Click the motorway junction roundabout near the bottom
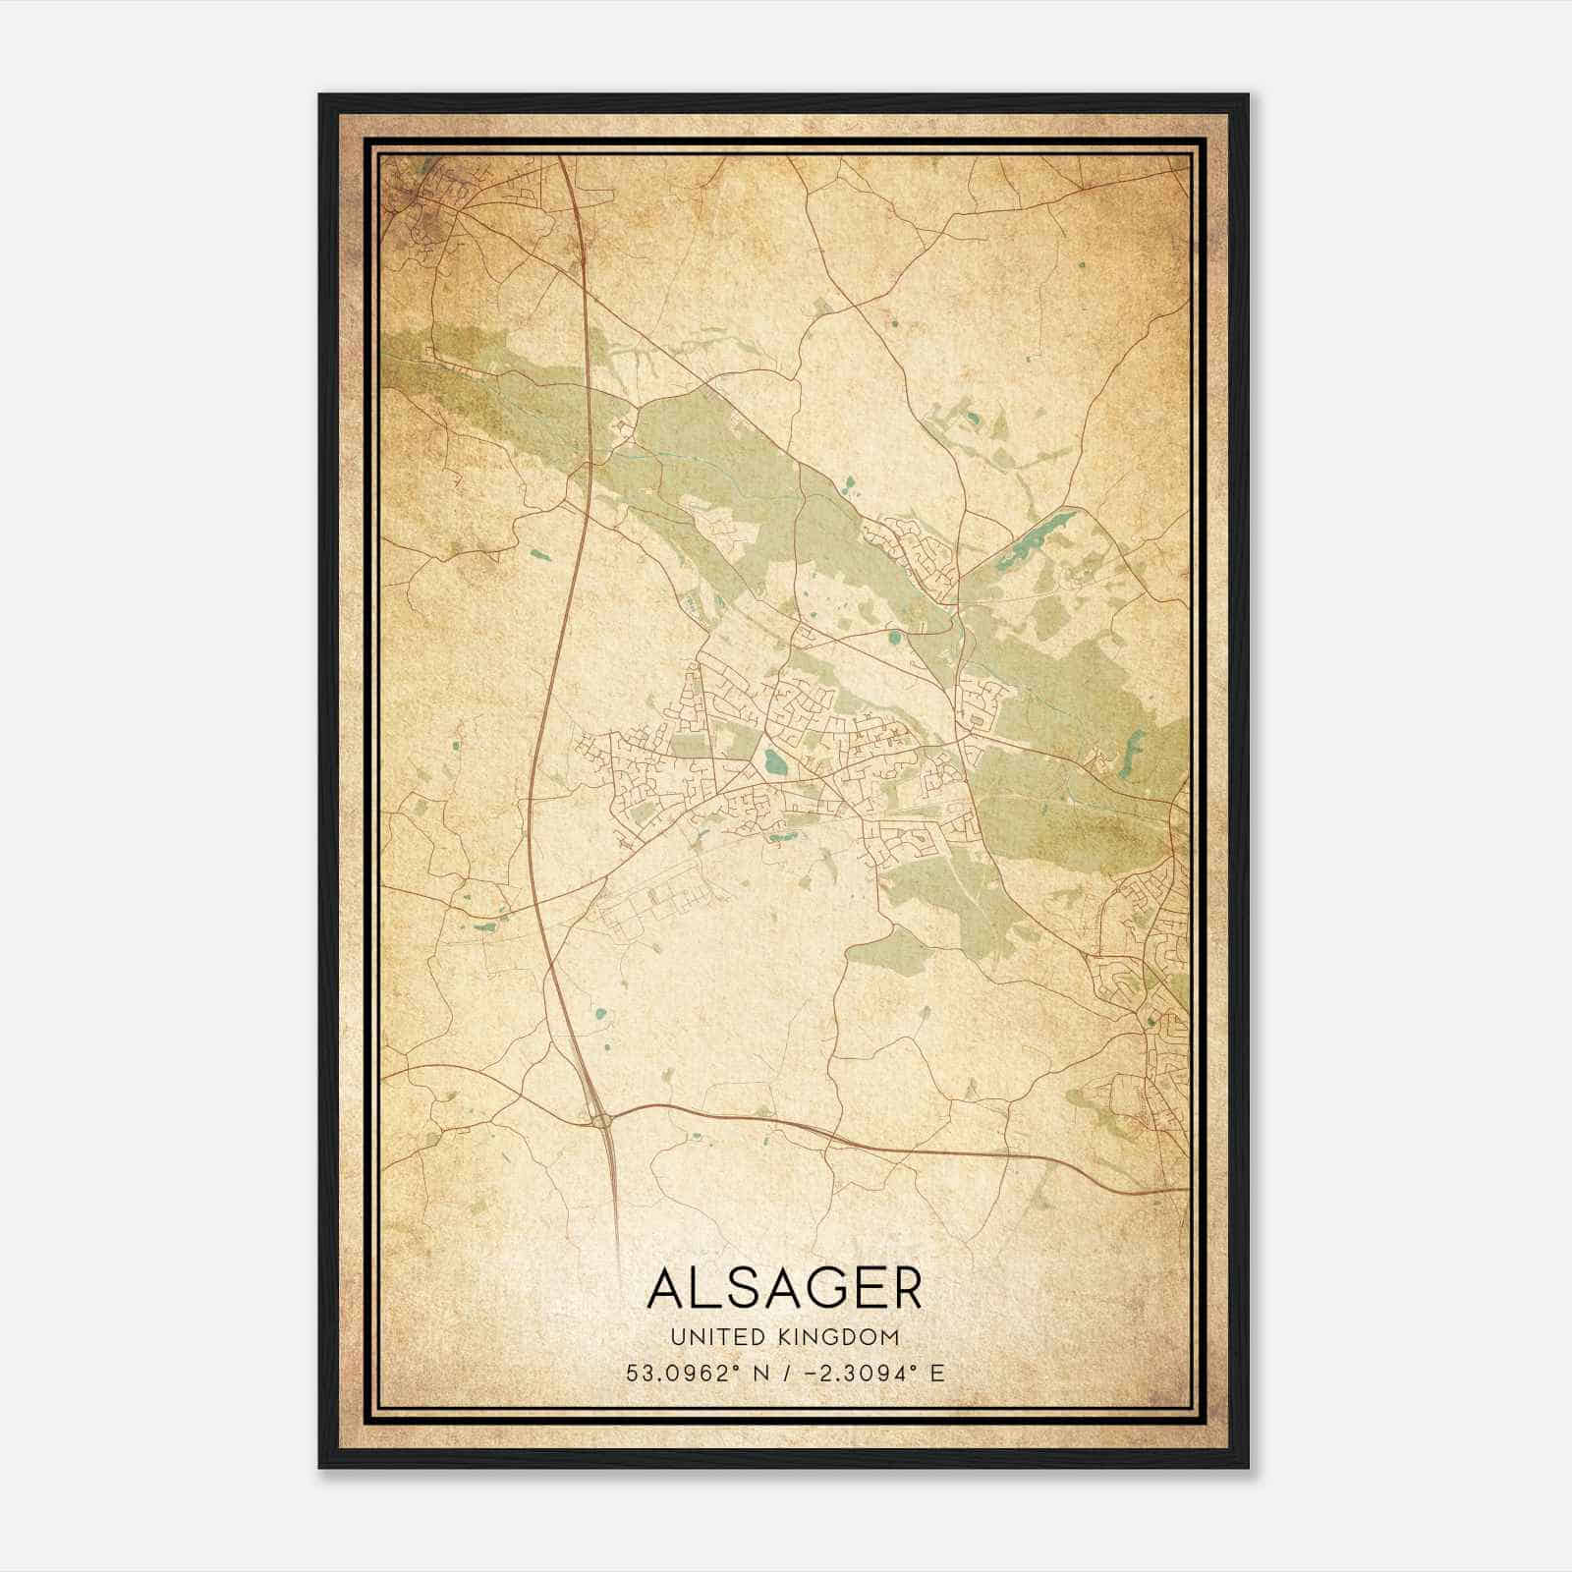coord(600,1119)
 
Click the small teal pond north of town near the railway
coord(847,482)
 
